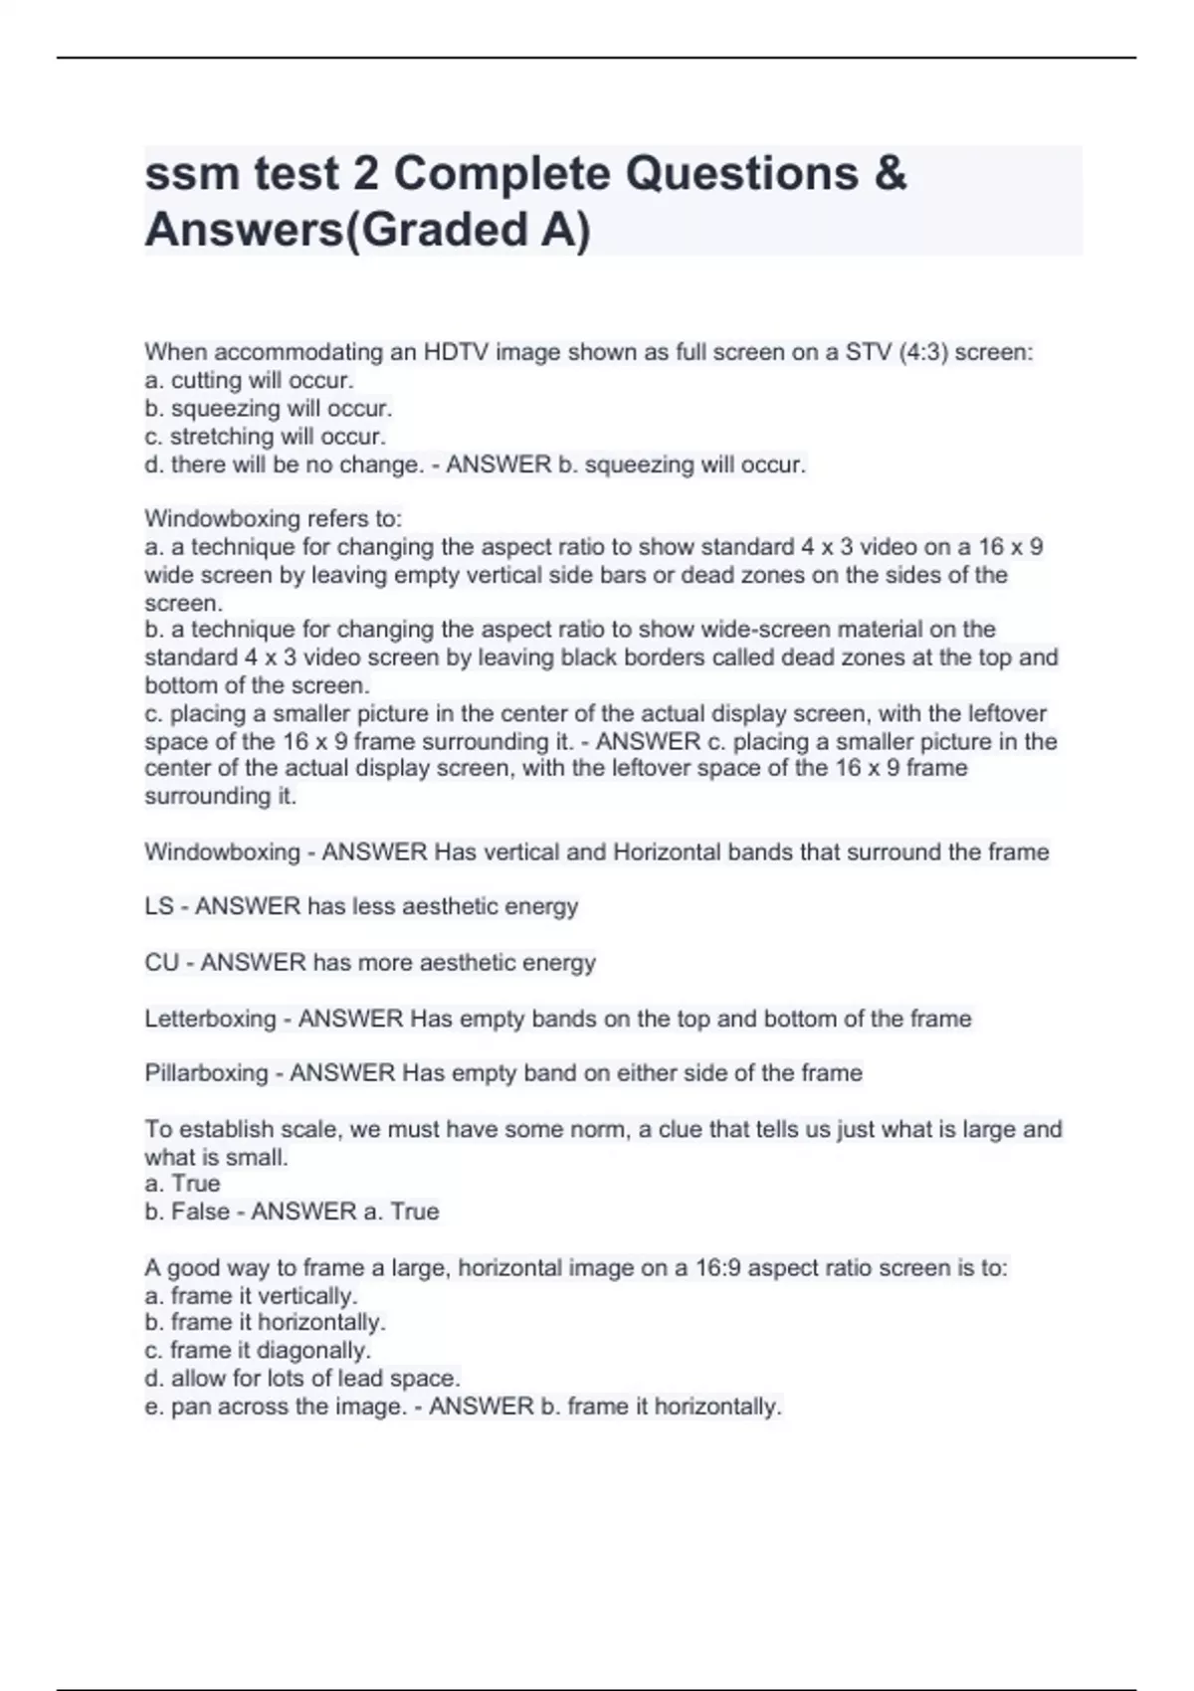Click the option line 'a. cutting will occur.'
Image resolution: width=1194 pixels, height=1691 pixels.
249,380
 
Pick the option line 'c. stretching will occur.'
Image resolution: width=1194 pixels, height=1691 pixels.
265,437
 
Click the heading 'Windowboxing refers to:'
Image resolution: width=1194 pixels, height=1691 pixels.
273,518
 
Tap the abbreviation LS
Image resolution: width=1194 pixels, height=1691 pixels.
159,906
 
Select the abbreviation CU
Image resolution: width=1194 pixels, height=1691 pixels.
161,963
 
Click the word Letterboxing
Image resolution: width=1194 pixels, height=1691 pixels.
210,1019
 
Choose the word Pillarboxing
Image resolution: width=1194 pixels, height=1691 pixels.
206,1073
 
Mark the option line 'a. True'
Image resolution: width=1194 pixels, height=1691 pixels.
182,1184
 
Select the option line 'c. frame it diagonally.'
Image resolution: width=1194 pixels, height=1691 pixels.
258,1351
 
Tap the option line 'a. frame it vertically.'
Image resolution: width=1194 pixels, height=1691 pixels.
251,1296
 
